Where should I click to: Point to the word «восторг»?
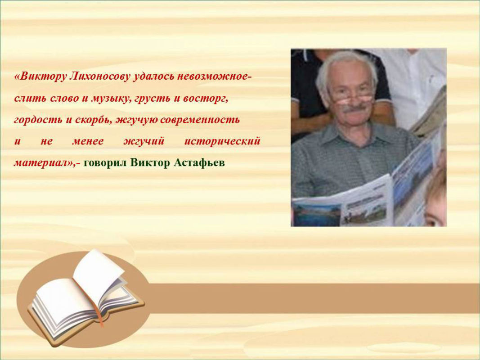(206, 99)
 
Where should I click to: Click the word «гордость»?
(38, 120)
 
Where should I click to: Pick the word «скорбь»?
(93, 119)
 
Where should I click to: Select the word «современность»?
(200, 120)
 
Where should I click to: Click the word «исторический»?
(222, 141)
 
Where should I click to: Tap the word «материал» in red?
(43, 162)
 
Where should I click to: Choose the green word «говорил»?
(105, 163)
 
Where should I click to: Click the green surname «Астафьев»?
(199, 162)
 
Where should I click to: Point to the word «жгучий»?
(144, 141)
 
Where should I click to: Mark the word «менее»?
(88, 141)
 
